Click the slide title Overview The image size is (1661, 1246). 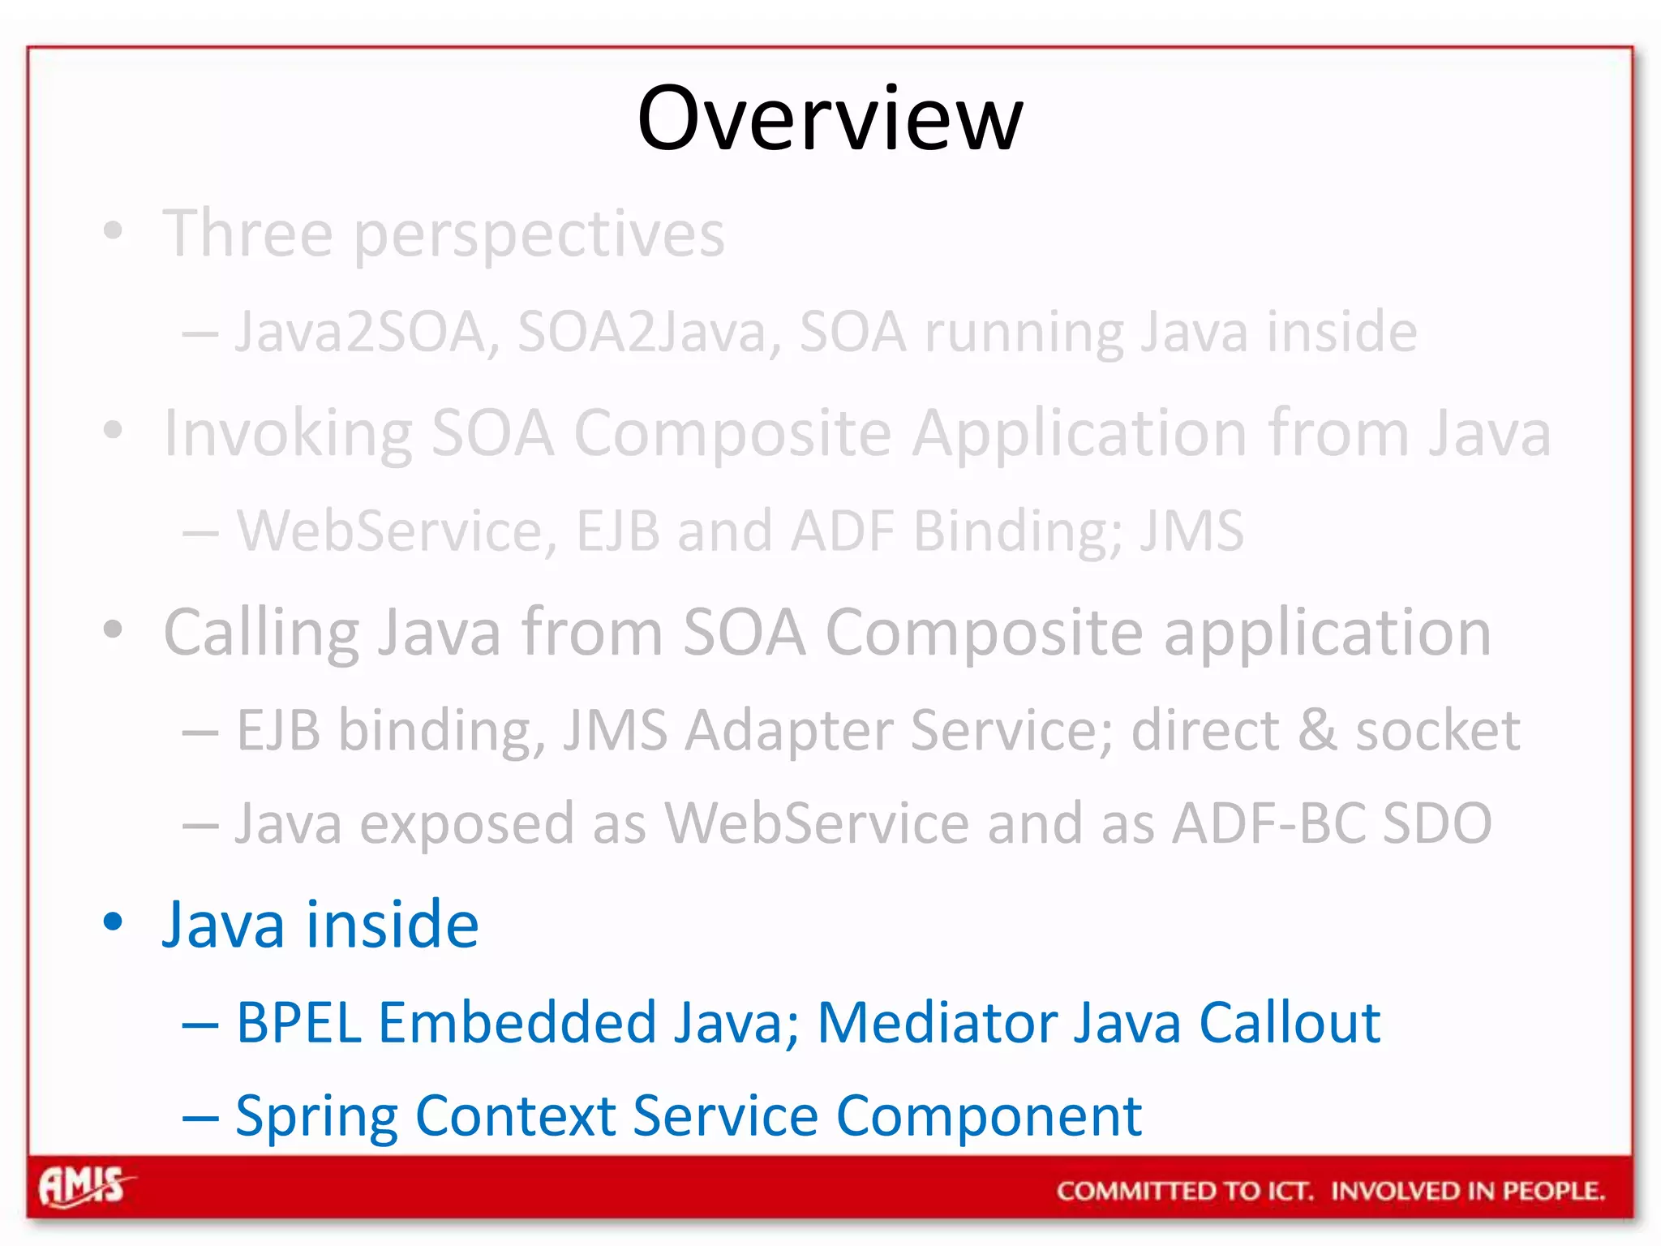830,118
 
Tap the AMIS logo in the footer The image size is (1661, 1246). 84,1187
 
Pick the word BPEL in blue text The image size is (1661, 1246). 298,1022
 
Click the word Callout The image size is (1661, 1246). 1290,1022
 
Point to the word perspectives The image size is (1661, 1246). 539,235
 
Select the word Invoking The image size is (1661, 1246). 288,434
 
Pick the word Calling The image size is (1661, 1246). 261,633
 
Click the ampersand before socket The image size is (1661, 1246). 1317,730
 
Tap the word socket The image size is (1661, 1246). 1437,730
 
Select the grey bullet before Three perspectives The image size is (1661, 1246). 114,231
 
